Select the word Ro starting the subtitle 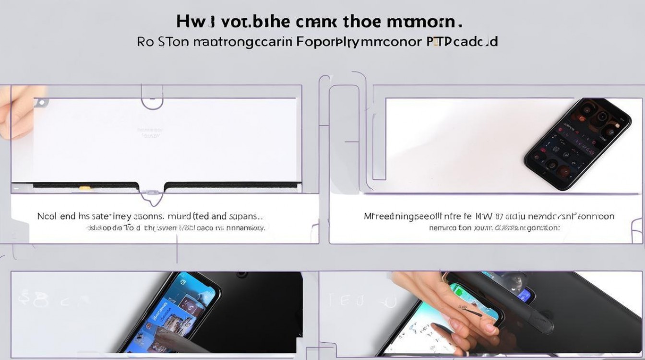145,42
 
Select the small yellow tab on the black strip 84,188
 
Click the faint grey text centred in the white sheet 150,132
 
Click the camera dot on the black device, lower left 241,275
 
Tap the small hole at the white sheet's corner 41,102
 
